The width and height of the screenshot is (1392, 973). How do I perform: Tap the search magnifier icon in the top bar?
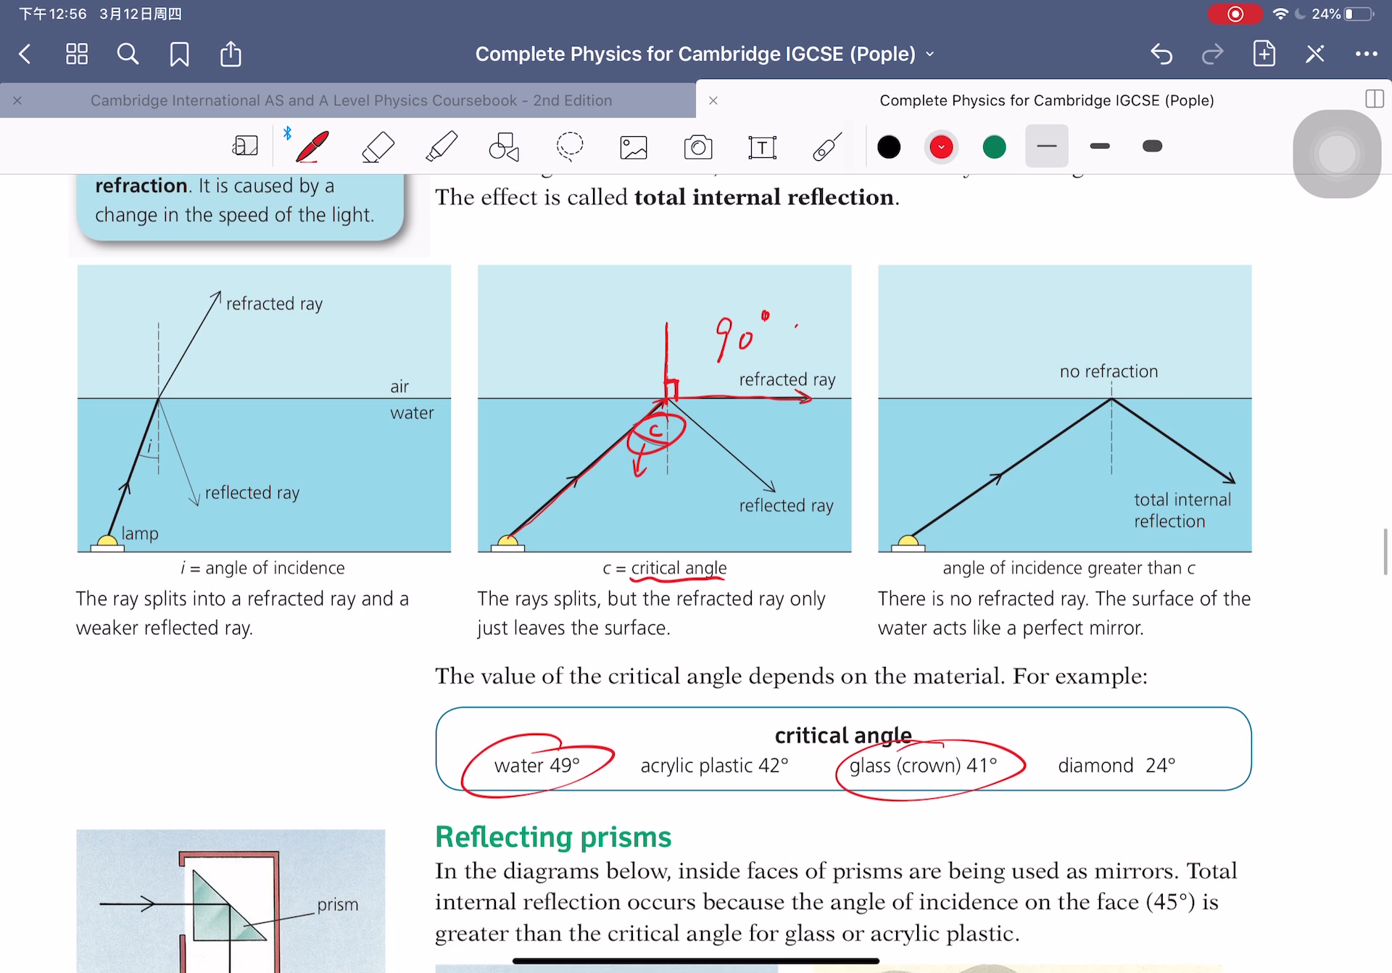128,54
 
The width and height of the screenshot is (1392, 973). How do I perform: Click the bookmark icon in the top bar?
179,54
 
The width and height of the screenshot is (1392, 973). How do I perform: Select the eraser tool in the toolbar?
378,147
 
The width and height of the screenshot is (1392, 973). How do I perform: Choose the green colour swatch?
994,147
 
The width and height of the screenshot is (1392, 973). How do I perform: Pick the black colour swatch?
889,147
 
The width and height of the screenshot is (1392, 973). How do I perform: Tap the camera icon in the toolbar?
698,147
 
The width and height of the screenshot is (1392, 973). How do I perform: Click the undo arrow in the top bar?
1161,54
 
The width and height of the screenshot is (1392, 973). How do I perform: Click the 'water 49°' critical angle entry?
536,766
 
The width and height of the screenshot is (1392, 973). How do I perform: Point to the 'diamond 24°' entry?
1116,766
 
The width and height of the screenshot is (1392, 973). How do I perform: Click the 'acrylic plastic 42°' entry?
714,766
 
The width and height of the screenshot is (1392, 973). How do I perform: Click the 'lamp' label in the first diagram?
140,534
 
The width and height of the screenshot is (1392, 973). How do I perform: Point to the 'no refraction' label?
1109,372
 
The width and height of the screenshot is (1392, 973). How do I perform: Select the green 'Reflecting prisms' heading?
553,837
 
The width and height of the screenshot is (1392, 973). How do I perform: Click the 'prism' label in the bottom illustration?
337,905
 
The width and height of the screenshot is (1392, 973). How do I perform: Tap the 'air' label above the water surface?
399,387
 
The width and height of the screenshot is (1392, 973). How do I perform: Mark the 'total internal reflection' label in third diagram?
1182,510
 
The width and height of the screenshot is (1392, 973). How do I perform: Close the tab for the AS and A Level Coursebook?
17,101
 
